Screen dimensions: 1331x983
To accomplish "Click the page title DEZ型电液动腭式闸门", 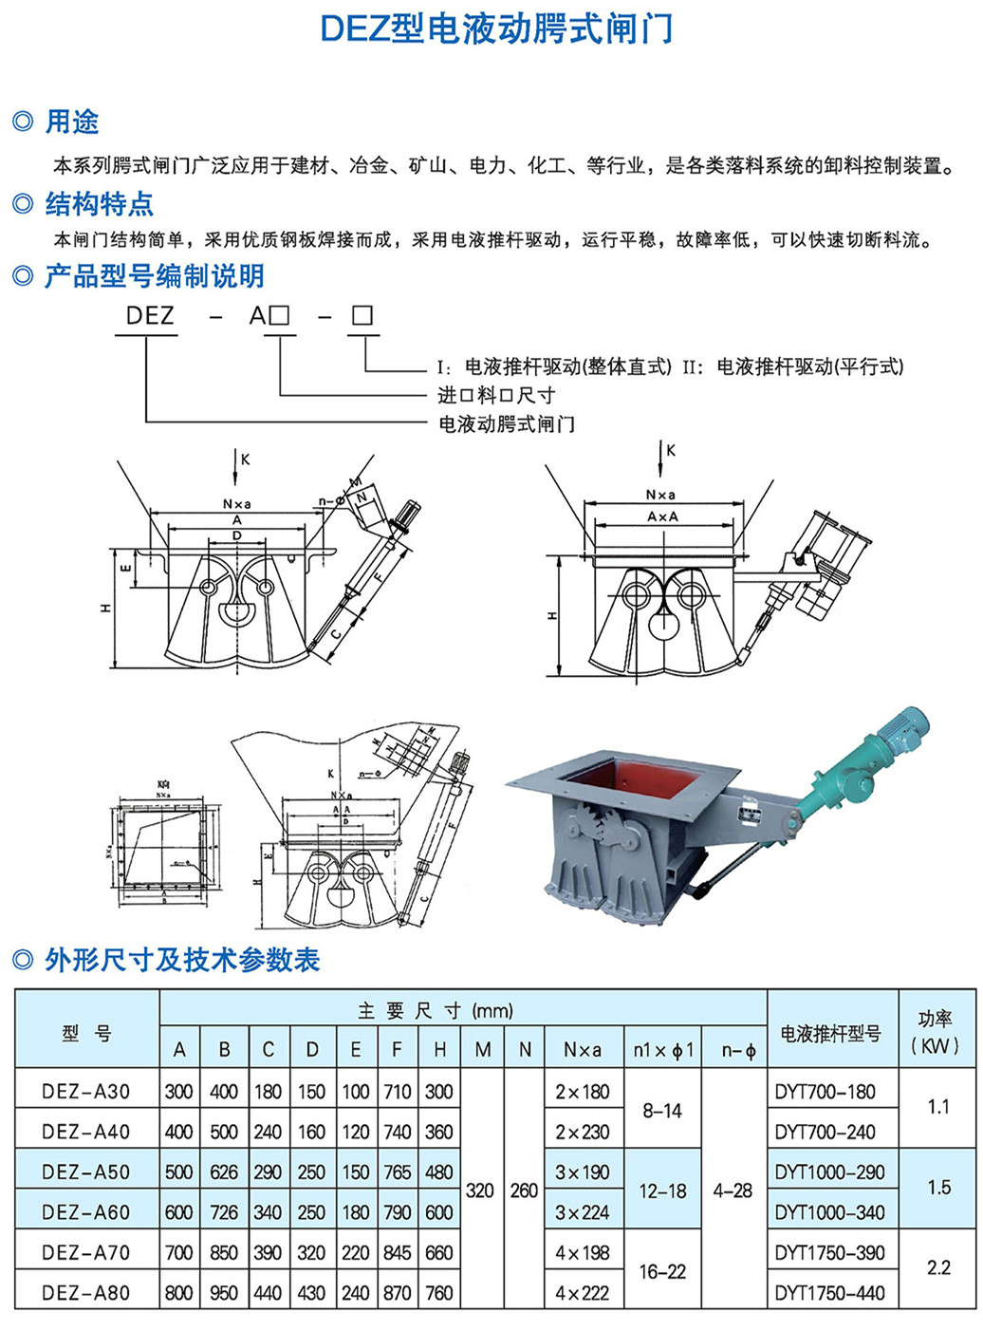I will pos(496,28).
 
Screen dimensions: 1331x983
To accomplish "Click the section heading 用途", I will pos(72,122).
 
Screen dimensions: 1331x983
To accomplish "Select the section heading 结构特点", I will pos(99,204).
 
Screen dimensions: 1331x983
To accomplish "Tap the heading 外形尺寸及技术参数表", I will pos(182,960).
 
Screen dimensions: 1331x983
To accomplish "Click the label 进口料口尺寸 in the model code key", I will pos(495,395).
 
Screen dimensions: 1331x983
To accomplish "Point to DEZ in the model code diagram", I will pos(150,316).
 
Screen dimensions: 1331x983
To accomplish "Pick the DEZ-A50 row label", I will pos(85,1172).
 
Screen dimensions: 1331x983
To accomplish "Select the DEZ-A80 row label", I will pos(85,1292).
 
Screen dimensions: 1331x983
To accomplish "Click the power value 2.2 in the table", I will pos(937,1267).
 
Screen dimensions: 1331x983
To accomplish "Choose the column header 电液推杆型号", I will pos(830,1033).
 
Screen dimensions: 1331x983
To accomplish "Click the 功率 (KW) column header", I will pos(936,1032).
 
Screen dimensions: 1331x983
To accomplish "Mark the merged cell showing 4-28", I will pos(733,1190).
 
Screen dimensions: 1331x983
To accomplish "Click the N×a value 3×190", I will pos(583,1172).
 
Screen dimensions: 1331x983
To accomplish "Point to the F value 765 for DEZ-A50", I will pos(397,1172).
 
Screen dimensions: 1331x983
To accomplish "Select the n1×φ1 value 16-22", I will pos(661,1271).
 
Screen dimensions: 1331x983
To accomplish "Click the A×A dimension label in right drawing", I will pos(662,517).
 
